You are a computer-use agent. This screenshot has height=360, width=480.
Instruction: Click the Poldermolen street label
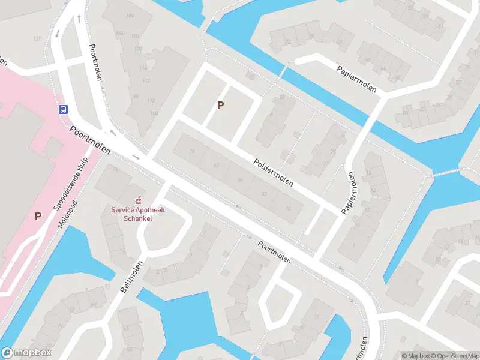point(273,172)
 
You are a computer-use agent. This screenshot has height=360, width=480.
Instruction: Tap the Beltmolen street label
point(132,277)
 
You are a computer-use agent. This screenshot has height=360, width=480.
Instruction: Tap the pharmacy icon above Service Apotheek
point(138,200)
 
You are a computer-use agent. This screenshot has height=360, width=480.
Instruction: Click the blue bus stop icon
point(62,109)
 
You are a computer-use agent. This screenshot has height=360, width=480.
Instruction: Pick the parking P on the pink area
point(38,216)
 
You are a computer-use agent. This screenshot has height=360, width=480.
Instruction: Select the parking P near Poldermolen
point(221,106)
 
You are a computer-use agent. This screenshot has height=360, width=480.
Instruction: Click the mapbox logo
point(26,353)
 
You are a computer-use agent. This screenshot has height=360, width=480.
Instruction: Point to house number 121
point(37,39)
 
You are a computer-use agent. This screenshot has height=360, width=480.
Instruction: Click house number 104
point(130,15)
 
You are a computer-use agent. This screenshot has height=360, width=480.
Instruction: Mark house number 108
point(154,113)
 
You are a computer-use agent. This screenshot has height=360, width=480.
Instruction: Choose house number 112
point(144,80)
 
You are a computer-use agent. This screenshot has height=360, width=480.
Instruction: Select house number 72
point(192,151)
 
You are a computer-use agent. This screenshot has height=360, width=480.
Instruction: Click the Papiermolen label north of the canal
point(356,79)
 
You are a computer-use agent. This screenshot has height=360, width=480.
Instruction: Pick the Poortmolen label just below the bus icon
point(90,140)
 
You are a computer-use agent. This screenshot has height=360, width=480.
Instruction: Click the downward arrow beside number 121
point(57,33)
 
